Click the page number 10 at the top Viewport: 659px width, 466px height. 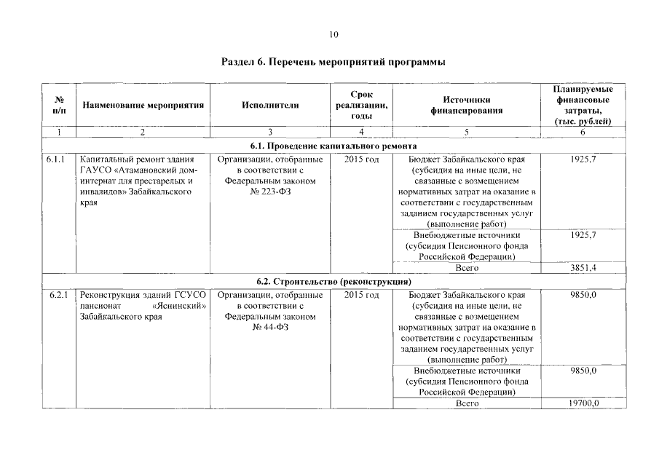tap(334, 34)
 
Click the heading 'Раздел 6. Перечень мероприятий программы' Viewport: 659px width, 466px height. tap(333, 62)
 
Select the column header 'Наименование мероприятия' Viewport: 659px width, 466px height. tap(143, 105)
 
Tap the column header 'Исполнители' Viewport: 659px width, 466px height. tap(270, 105)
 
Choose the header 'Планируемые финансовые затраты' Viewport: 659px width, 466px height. tap(583, 105)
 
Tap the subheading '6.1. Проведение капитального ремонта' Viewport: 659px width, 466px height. tap(334, 146)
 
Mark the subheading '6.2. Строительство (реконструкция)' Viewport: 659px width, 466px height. tap(334, 281)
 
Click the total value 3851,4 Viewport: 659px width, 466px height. tap(583, 268)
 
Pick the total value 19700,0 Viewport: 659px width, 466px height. tap(583, 403)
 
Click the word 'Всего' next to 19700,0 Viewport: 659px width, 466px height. tap(466, 403)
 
